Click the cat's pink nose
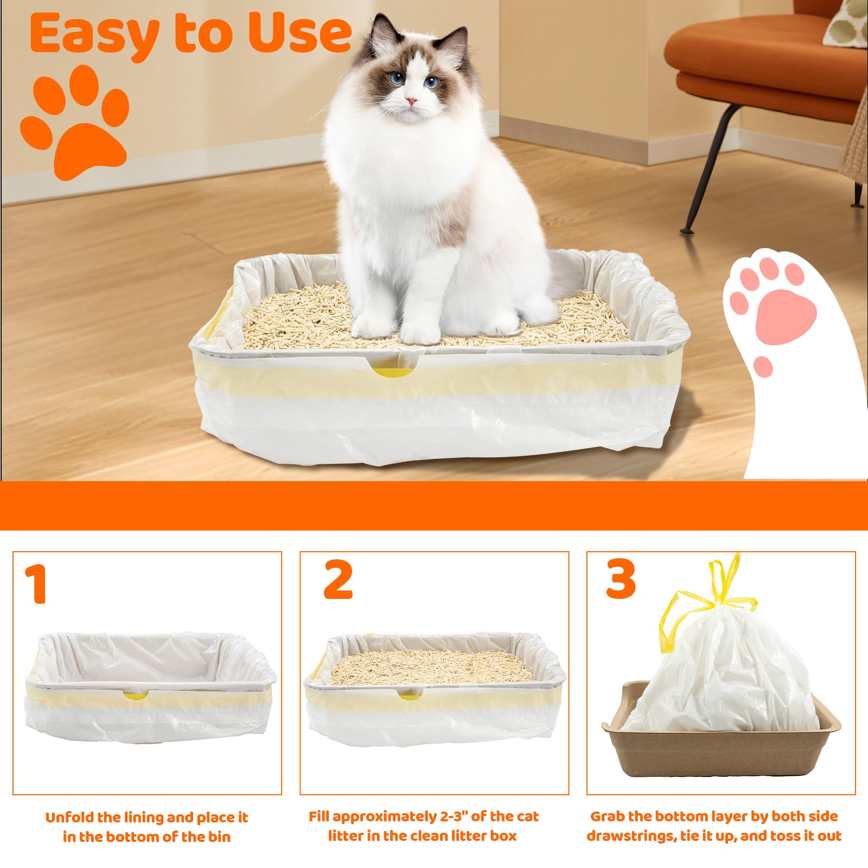coord(412,101)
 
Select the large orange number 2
coord(338,580)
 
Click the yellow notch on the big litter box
coord(392,372)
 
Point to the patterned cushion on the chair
coord(846,22)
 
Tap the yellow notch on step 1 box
coord(135,695)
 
